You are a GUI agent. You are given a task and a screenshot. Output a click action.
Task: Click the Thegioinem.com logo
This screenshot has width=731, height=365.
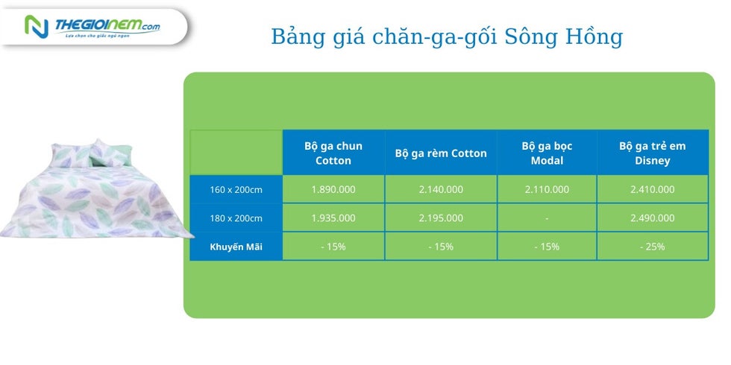92,27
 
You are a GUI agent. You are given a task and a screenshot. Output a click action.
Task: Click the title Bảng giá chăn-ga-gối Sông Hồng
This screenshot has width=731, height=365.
447,37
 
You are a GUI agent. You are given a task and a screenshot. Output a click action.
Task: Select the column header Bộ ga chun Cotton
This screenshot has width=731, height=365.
333,153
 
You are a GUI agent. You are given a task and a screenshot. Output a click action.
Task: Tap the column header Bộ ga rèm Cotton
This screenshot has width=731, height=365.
441,153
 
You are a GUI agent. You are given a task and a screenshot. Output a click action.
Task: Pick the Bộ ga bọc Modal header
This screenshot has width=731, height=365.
547,153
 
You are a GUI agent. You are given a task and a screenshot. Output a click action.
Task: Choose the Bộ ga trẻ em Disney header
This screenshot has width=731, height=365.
652,153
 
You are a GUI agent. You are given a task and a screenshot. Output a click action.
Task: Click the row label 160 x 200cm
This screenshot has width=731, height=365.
236,190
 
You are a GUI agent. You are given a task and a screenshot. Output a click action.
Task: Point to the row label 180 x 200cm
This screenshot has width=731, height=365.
236,218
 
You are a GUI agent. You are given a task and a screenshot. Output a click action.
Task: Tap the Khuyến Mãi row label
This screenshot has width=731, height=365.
236,247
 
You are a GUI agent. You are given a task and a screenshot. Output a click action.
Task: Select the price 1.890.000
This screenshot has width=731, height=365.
333,189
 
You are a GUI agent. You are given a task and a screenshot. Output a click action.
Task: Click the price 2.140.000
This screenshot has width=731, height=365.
441,189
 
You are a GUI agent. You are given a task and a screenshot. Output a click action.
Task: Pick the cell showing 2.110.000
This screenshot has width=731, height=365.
547,189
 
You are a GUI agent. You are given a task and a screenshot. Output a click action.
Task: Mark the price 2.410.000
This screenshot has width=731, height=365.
652,189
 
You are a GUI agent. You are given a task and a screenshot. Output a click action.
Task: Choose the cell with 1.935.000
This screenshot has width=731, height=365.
333,218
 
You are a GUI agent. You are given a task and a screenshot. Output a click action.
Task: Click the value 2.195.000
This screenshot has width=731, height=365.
441,218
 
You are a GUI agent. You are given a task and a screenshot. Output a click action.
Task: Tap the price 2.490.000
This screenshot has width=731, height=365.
652,218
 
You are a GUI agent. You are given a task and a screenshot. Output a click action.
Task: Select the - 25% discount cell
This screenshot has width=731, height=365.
652,247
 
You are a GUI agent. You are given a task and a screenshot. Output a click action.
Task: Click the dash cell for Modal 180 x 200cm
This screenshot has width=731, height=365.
547,218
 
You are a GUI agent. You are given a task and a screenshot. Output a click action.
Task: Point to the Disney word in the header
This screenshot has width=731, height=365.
652,161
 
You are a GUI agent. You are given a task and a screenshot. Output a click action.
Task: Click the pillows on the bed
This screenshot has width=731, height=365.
91,154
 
